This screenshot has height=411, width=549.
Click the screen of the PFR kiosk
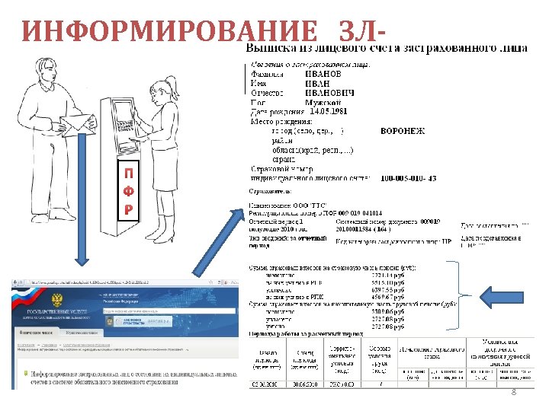127,113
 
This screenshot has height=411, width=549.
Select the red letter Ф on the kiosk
130,191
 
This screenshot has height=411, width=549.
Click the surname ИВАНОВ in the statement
324,74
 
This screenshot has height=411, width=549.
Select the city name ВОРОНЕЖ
402,131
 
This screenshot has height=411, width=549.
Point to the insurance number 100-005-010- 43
409,178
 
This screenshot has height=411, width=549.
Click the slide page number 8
513,391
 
